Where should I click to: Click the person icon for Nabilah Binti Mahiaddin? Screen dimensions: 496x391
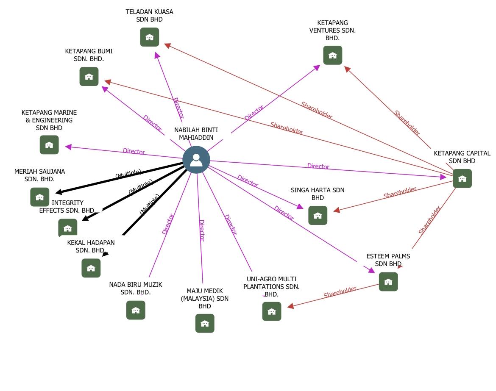point(196,160)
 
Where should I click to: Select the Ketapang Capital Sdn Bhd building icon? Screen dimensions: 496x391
point(462,179)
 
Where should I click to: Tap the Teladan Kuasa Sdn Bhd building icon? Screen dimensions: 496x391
point(149,37)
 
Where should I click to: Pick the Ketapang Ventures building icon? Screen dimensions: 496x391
point(332,55)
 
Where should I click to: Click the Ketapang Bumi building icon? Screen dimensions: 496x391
point(89,77)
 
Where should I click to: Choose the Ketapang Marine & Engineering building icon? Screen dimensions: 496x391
point(49,145)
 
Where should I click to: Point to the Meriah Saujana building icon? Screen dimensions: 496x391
point(39,197)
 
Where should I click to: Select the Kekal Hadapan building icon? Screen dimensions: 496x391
point(91,268)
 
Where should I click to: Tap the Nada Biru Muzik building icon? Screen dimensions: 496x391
point(136,310)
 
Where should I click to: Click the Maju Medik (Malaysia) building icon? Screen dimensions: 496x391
point(205,323)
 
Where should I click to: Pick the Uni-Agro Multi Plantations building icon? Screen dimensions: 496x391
point(271,311)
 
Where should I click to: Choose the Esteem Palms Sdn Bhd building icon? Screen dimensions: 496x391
point(388,282)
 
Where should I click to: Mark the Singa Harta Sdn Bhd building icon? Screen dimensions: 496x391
point(318,216)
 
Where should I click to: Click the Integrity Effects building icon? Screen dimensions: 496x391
point(68,228)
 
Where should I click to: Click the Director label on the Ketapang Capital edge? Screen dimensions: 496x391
point(318,166)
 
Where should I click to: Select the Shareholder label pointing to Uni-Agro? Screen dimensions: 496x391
point(340,292)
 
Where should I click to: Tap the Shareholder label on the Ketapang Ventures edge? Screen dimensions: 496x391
point(407,123)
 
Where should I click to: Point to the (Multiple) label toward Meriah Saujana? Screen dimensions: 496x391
point(128,174)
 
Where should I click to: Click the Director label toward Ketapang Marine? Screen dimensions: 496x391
point(134,151)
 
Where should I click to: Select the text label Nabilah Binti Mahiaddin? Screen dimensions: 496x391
point(196,134)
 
